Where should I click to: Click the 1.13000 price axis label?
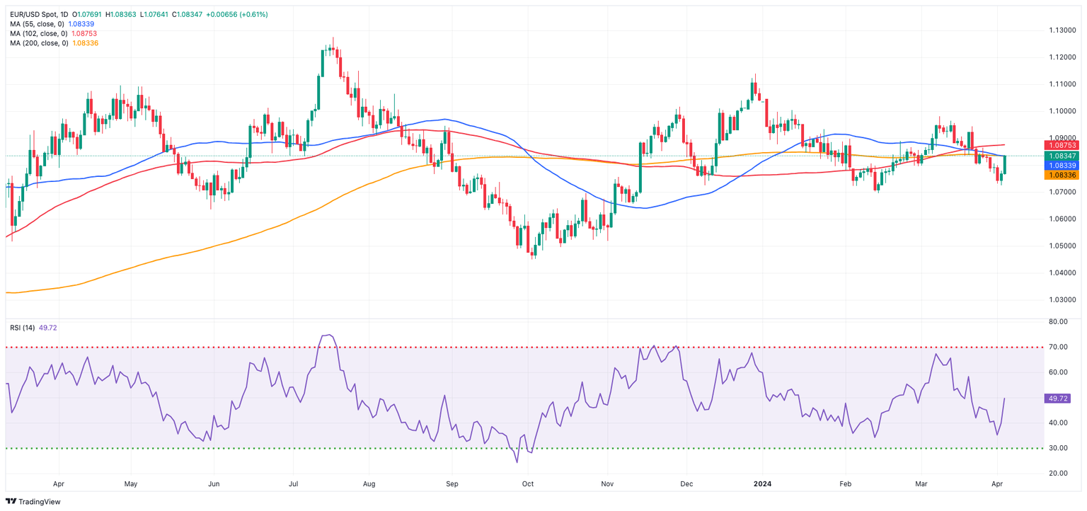tap(1062, 30)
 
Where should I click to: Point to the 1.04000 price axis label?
tap(1062, 272)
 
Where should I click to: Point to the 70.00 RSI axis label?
tap(1059, 348)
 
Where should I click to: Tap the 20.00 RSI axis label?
tap(1059, 473)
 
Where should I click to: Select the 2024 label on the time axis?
tap(763, 485)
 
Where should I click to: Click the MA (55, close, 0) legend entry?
tap(39, 24)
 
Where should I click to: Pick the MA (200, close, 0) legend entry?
tap(39, 43)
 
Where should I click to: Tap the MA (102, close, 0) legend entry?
tap(39, 33)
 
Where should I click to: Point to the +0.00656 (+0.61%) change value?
tap(236, 14)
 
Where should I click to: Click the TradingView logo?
tap(33, 501)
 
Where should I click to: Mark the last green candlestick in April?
tap(1005, 165)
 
